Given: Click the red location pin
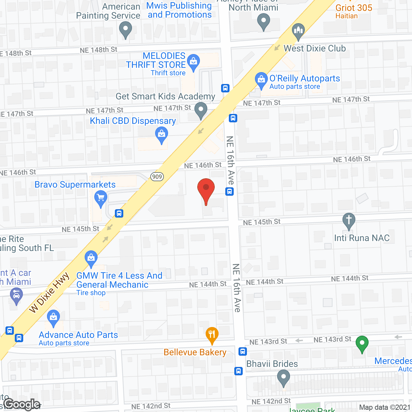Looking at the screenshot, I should tap(206, 190).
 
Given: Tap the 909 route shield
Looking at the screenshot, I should tap(157, 176).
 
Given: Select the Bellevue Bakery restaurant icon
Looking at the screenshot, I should tap(212, 335).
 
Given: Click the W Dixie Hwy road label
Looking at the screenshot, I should tap(49, 292).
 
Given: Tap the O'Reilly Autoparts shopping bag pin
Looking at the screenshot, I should tap(261, 80).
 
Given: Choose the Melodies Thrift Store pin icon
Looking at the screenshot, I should tap(193, 62).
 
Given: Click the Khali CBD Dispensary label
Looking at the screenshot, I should tap(133, 121).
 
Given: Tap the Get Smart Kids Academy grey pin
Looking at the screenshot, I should tap(201, 110).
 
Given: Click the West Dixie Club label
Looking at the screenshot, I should tap(314, 48).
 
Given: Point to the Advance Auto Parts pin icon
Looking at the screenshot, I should tap(53, 318).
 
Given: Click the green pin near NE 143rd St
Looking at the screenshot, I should tap(362, 344).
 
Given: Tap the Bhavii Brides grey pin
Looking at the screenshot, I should tap(283, 378).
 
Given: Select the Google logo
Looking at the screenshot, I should tap(22, 404).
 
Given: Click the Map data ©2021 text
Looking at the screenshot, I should tap(385, 407).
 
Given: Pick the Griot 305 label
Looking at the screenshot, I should tap(354, 8).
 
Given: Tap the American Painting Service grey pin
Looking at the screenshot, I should tap(126, 30).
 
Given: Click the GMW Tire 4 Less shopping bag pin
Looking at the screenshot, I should tap(91, 258).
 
